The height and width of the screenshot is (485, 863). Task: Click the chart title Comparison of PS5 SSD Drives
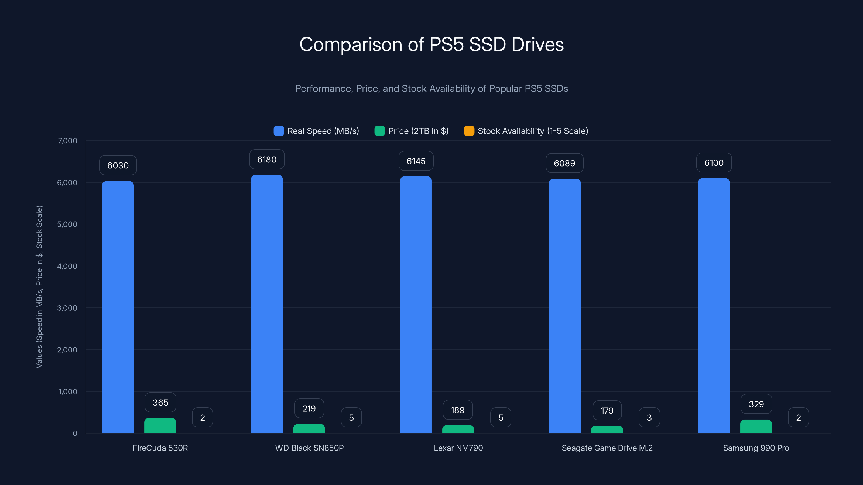(x=432, y=44)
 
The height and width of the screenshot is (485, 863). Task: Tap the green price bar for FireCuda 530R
(x=160, y=426)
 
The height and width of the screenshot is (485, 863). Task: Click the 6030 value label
(x=118, y=165)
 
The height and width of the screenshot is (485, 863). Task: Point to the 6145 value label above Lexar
(x=416, y=161)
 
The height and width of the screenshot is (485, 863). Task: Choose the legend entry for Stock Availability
(x=526, y=131)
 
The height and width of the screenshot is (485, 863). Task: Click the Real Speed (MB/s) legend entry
(x=316, y=131)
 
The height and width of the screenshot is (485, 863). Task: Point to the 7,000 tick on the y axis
(x=67, y=141)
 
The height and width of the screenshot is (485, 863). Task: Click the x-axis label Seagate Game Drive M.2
(x=607, y=448)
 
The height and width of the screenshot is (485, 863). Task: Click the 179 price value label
(x=607, y=411)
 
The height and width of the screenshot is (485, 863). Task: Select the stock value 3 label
(x=649, y=417)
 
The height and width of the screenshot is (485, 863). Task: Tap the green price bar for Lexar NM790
(x=458, y=429)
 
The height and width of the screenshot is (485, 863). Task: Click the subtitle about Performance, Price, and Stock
(x=432, y=89)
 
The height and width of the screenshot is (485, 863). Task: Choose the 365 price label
(x=160, y=402)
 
